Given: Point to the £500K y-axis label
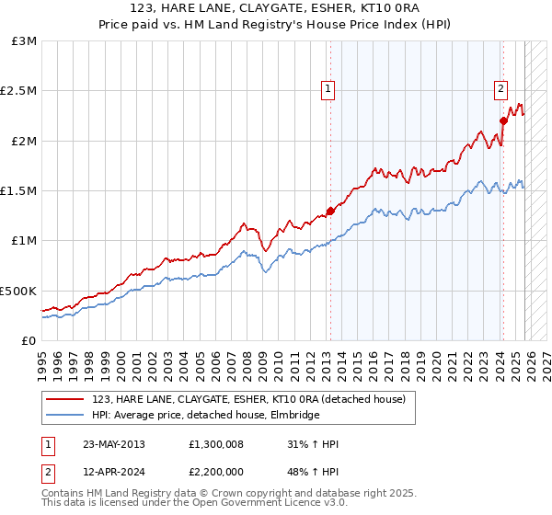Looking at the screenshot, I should [x=18, y=291].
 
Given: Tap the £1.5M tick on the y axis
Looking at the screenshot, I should [x=18, y=191].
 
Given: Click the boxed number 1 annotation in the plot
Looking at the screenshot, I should [x=328, y=89].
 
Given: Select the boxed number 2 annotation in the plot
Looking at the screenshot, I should [x=500, y=89].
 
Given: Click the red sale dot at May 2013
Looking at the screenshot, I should [x=329, y=212].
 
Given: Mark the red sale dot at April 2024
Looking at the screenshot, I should [x=503, y=120].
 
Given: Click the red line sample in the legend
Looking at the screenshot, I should [x=66, y=399].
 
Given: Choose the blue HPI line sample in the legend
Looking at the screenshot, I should [x=66, y=416].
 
